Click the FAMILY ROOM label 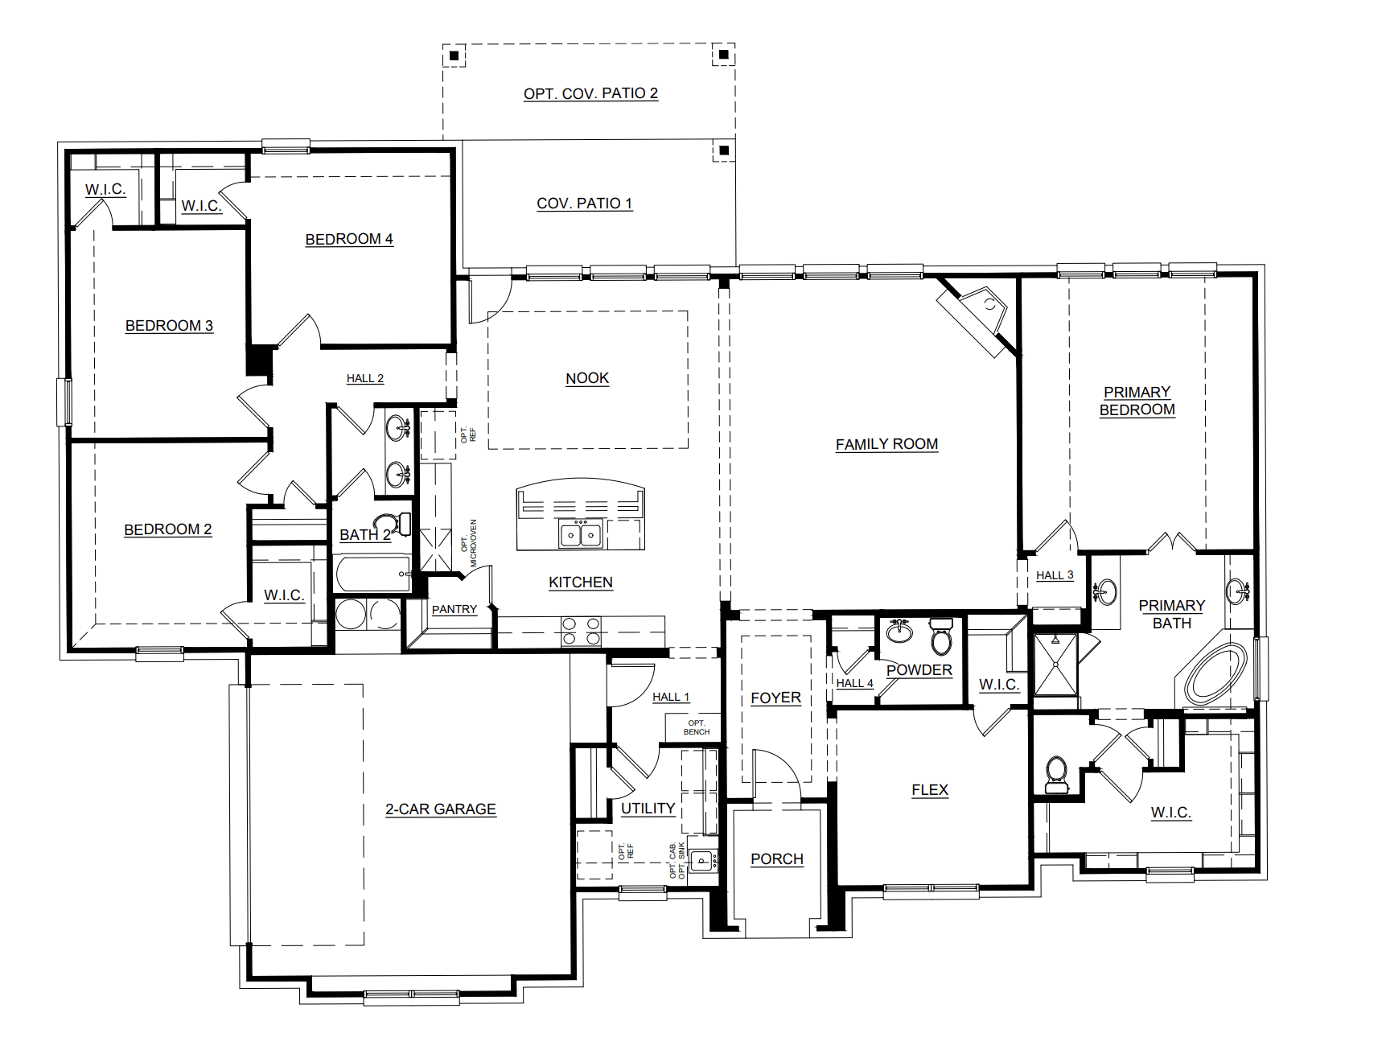tap(886, 444)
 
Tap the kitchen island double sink tap(581, 534)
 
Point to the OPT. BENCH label tap(696, 727)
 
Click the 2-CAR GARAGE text tap(440, 809)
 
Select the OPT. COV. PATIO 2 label tap(590, 93)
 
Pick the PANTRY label tap(454, 610)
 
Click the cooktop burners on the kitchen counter tap(581, 631)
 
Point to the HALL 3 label tap(1054, 575)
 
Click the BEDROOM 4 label tap(349, 239)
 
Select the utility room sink tap(702, 861)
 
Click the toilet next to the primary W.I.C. tap(1055, 772)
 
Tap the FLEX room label tap(929, 790)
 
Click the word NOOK tap(587, 378)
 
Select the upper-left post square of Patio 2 tap(454, 56)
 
